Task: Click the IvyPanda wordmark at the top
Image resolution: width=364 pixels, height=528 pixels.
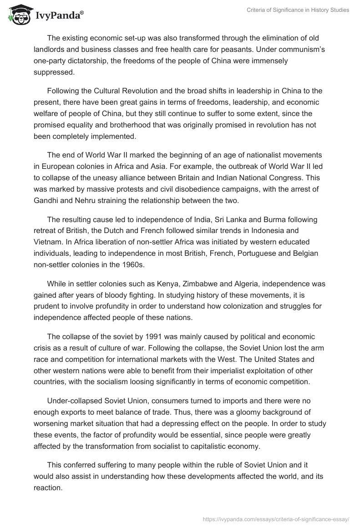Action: (x=59, y=16)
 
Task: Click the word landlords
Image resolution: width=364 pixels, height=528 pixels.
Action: (x=51, y=49)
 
